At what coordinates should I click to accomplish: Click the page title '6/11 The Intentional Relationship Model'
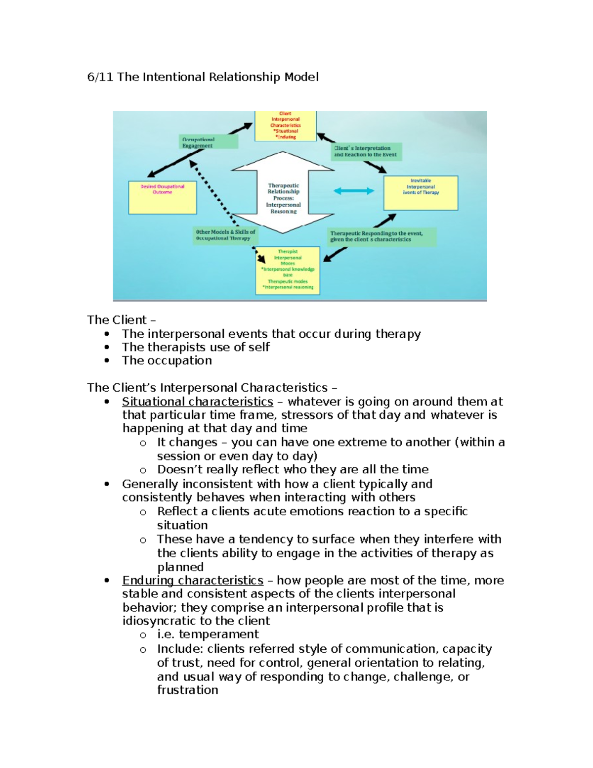coord(203,77)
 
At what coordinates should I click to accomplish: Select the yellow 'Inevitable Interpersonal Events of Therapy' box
coord(421,192)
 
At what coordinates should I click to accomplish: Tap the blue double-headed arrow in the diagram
coord(354,191)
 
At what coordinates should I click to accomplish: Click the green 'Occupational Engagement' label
coord(208,142)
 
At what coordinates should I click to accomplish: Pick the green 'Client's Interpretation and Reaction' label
coord(366,151)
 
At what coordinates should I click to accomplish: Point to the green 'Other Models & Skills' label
coord(225,235)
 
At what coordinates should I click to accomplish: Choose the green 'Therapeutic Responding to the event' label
coord(381,236)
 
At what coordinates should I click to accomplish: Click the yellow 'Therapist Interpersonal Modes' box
coord(288,271)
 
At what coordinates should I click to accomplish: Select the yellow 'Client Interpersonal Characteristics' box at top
coord(285,126)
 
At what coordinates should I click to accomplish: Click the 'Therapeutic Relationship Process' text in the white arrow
coord(283,198)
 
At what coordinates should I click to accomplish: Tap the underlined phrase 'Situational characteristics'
coord(198,402)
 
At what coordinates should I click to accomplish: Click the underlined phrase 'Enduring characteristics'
coord(193,580)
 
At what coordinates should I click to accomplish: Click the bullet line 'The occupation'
coord(167,361)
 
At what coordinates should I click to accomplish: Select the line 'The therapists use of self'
coord(196,347)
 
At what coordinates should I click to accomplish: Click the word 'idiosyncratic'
coord(158,621)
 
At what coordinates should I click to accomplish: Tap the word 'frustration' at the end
coord(188,690)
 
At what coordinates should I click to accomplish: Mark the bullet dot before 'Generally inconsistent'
coord(107,484)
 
